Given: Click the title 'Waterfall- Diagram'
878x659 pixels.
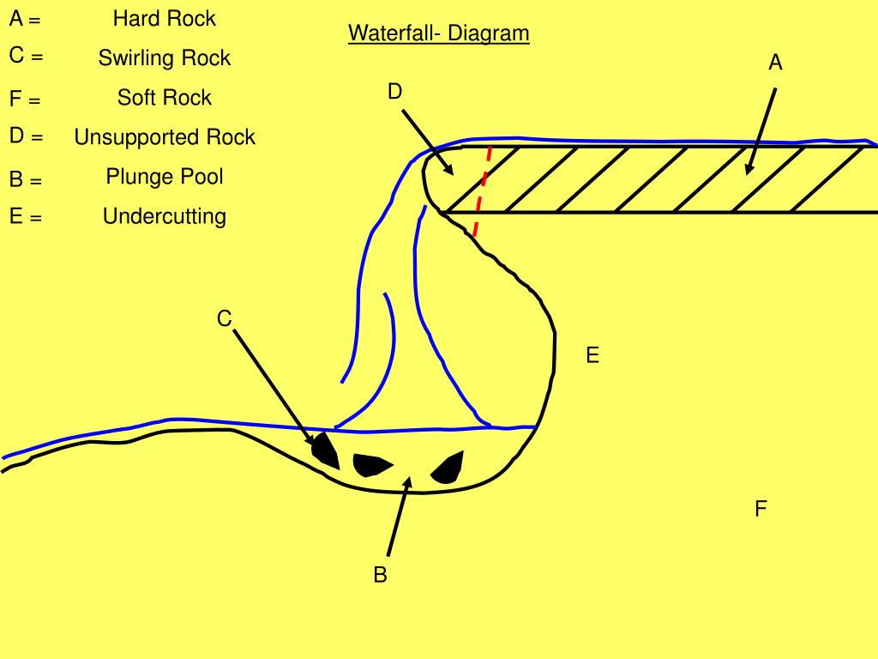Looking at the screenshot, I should click(x=438, y=33).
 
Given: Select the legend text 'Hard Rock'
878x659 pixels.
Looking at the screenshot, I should click(x=165, y=18).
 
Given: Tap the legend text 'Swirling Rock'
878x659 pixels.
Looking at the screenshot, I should click(x=165, y=57).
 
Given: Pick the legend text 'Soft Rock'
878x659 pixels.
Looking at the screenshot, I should click(x=165, y=97).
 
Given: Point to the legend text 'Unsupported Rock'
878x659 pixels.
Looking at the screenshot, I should click(x=165, y=136).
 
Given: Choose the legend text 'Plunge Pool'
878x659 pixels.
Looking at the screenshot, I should click(x=165, y=176).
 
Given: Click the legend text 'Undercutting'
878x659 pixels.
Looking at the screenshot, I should click(x=165, y=215).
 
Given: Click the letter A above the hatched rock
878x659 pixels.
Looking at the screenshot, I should click(x=775, y=62).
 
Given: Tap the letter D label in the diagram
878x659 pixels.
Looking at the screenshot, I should click(x=394, y=91).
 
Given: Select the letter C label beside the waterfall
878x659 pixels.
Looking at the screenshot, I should click(x=224, y=319).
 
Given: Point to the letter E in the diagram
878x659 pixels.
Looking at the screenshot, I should click(x=592, y=354).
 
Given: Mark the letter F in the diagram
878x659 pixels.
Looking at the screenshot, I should click(x=761, y=509).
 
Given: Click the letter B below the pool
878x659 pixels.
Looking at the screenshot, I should click(x=380, y=575).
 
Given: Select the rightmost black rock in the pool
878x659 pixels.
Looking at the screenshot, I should click(x=448, y=467).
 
